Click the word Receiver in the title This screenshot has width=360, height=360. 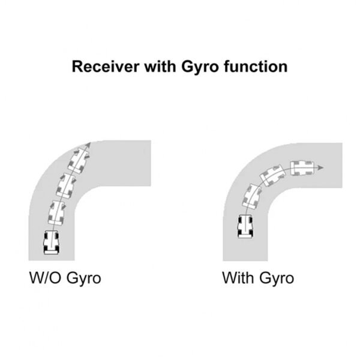point(104,66)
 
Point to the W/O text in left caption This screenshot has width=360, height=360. point(46,278)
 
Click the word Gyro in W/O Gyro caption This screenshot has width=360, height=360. point(83,279)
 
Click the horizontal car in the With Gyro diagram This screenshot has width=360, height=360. point(301,167)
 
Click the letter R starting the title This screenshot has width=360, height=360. point(77,66)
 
